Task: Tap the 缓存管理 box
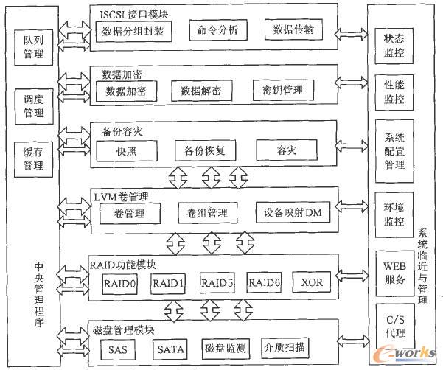pos(32,160)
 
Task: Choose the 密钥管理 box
pos(284,91)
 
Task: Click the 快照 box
pos(125,150)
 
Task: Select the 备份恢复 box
pos(205,150)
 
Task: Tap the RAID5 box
pos(218,282)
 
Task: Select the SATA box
pos(171,348)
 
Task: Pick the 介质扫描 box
pos(287,347)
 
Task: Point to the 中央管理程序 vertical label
pos(38,295)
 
